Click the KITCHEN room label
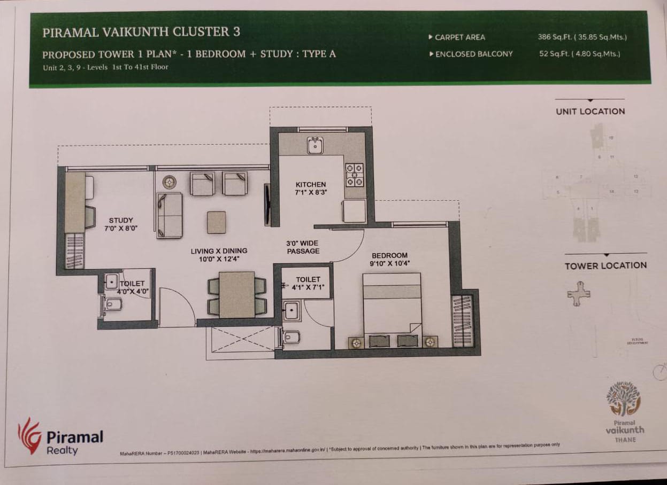point(311,184)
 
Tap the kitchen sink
point(315,145)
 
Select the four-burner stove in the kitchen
point(354,175)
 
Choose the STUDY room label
point(121,220)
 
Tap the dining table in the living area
point(237,294)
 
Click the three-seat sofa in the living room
point(170,215)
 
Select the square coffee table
point(217,222)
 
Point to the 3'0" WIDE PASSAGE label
point(303,247)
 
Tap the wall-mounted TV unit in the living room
point(267,205)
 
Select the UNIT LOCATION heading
point(590,111)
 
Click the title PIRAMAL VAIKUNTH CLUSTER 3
point(141,32)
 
